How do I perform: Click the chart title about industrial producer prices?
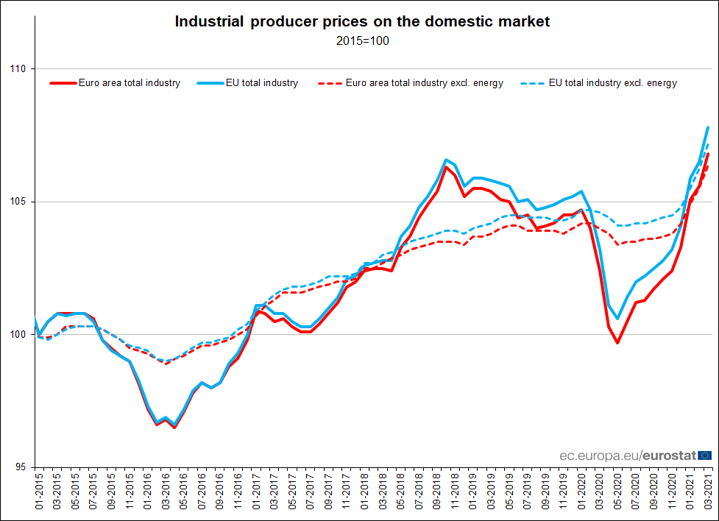click(362, 21)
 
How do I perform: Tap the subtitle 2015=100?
click(362, 40)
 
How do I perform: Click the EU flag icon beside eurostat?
click(704, 456)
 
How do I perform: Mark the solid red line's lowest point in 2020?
click(617, 343)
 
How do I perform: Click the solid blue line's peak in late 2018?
click(446, 159)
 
